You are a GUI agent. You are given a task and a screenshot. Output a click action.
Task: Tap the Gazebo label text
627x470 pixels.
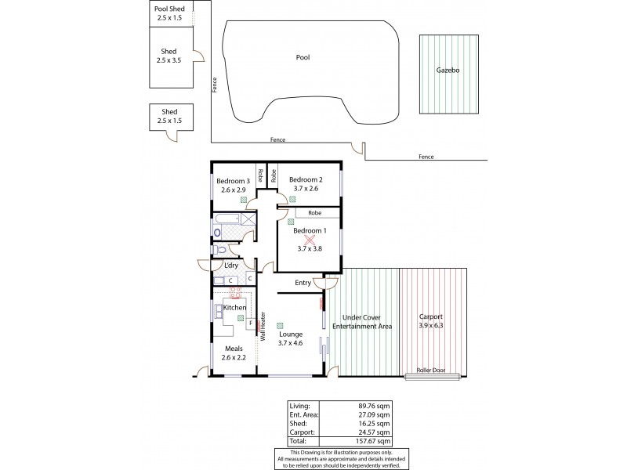point(448,70)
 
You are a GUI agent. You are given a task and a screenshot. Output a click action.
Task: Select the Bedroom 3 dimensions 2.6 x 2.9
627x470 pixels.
point(234,190)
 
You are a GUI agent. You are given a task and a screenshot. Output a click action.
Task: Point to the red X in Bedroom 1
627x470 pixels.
point(308,240)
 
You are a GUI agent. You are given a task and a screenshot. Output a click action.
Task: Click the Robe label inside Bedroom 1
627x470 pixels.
point(314,212)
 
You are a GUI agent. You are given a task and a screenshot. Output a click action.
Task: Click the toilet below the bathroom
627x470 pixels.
point(221,250)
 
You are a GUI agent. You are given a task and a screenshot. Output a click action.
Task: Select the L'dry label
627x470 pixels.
point(231,266)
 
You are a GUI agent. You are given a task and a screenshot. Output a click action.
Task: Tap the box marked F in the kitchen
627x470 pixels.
point(250,323)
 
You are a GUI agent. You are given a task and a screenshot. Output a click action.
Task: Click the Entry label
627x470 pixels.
point(303,283)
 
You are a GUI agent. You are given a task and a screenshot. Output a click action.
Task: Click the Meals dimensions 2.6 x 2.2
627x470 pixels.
point(234,357)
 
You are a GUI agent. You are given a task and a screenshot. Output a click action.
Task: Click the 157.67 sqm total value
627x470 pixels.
point(370,441)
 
